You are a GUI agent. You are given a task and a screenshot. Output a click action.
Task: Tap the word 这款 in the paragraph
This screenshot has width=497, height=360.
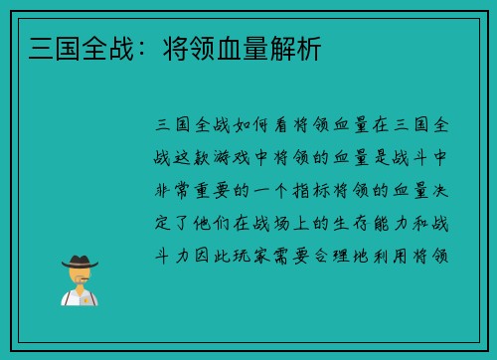point(201,159)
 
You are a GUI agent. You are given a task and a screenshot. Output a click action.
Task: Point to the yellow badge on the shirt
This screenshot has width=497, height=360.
point(87,297)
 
